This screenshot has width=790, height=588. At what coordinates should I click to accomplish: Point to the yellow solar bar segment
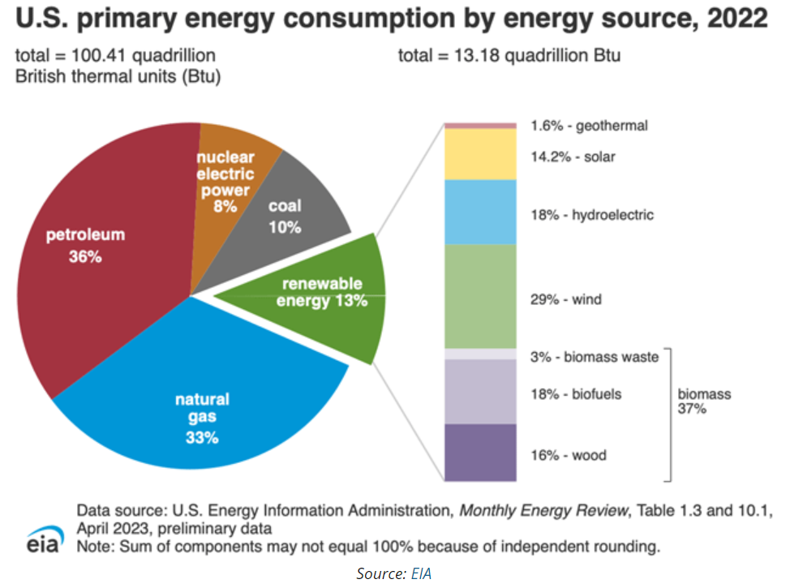(x=479, y=154)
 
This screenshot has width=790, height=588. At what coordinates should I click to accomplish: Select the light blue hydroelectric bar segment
(x=479, y=212)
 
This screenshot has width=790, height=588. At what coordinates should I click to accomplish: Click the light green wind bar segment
(x=479, y=296)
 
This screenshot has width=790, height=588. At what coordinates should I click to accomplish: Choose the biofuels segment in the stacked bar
(x=479, y=391)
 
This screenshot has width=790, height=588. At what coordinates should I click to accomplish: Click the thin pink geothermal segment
(x=479, y=125)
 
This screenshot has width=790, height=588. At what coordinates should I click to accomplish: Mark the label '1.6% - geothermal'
(x=589, y=126)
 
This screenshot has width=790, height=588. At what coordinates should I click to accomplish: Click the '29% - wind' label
(x=565, y=300)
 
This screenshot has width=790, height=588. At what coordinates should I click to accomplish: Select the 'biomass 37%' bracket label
(x=704, y=401)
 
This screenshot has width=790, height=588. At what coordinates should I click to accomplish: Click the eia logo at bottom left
(x=42, y=541)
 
